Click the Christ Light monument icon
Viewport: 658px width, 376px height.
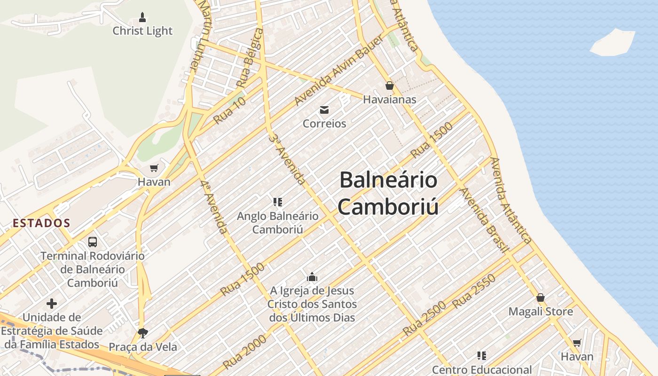pyautogui.click(x=142, y=18)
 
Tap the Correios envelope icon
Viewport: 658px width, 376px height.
pyautogui.click(x=324, y=110)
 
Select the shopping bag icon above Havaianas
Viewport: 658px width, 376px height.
pyautogui.click(x=389, y=86)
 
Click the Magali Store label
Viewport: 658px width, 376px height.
pyautogui.click(x=541, y=312)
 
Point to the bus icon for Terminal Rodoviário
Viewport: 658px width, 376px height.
pyautogui.click(x=93, y=242)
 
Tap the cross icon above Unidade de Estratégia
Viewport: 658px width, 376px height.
pyautogui.click(x=52, y=304)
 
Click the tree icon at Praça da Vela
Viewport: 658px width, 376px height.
pyautogui.click(x=143, y=333)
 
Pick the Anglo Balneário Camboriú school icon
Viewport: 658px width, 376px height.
pyautogui.click(x=278, y=202)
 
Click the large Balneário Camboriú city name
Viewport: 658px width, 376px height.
pyautogui.click(x=388, y=193)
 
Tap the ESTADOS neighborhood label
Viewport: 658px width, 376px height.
pyautogui.click(x=41, y=223)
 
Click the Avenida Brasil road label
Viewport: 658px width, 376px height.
pyautogui.click(x=484, y=220)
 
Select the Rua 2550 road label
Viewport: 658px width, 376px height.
pyautogui.click(x=474, y=291)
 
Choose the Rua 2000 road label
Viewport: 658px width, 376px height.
pyautogui.click(x=245, y=352)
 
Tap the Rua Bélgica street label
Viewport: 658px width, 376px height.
pyautogui.click(x=250, y=58)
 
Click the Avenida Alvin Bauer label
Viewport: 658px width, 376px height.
pyautogui.click(x=339, y=70)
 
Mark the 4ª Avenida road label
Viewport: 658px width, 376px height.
pyautogui.click(x=214, y=207)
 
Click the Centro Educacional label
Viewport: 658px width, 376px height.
pyautogui.click(x=482, y=370)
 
